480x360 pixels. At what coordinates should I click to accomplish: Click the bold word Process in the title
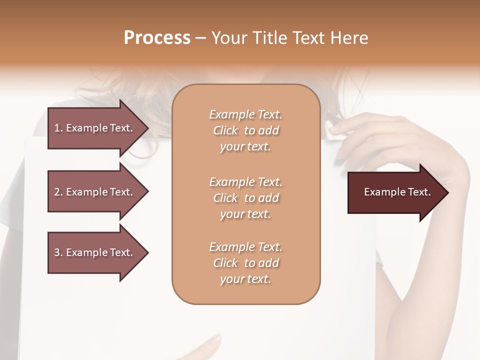[x=157, y=38]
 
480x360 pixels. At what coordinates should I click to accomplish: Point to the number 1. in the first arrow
[x=58, y=128]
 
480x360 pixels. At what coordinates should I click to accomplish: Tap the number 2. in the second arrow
[x=58, y=192]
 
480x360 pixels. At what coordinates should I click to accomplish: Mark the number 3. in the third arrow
[x=58, y=252]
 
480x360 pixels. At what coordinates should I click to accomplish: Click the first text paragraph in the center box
[x=245, y=130]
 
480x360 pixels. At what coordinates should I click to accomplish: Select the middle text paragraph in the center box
[x=245, y=198]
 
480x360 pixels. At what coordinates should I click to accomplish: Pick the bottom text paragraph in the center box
[x=245, y=263]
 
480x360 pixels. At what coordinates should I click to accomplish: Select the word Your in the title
[x=228, y=38]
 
